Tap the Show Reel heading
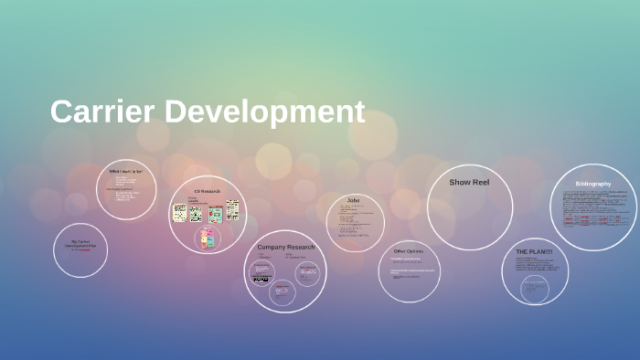click(469, 183)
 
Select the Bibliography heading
click(592, 184)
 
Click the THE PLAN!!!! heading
click(534, 251)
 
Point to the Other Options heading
click(408, 250)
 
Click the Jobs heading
click(354, 199)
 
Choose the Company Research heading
click(285, 247)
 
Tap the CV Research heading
click(208, 191)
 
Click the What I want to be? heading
click(126, 171)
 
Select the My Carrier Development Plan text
click(80, 245)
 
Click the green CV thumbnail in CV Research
click(216, 214)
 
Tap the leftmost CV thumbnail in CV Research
click(180, 213)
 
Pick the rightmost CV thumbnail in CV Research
click(233, 210)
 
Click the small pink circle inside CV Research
click(208, 238)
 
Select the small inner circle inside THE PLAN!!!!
click(535, 289)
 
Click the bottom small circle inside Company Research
click(282, 292)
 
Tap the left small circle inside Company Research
click(262, 272)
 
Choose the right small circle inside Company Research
click(308, 273)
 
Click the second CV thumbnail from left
click(196, 214)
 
